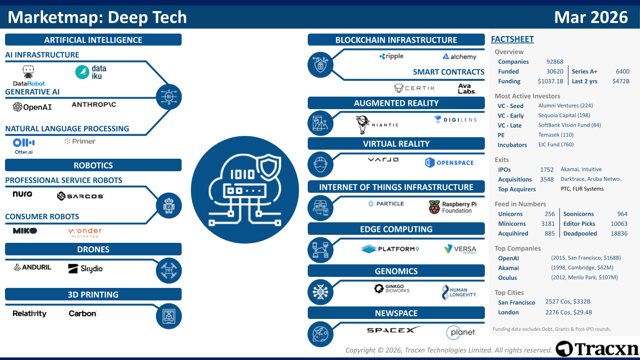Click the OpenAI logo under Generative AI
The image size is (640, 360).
click(x=33, y=107)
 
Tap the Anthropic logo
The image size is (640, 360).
click(x=94, y=105)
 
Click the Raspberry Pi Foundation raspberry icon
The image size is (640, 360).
click(x=434, y=207)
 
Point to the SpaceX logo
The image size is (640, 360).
click(x=394, y=329)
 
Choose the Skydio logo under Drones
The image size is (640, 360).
click(x=85, y=268)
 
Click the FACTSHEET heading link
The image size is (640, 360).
click(x=512, y=39)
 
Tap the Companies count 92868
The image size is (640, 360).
click(x=554, y=62)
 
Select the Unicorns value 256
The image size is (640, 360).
click(x=549, y=214)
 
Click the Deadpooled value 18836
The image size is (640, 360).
click(x=619, y=234)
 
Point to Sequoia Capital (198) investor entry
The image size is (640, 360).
click(x=564, y=115)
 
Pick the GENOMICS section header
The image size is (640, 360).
click(x=396, y=271)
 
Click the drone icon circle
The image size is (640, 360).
click(x=169, y=270)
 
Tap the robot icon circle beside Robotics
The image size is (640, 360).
click(x=169, y=206)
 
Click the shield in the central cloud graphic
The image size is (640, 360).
click(x=269, y=168)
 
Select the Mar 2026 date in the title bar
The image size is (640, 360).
click(x=590, y=17)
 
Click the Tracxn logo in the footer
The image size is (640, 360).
click(x=597, y=349)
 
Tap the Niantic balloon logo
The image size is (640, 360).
click(x=363, y=125)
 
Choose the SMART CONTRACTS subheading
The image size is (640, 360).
click(x=448, y=72)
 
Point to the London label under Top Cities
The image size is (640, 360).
click(x=508, y=312)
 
